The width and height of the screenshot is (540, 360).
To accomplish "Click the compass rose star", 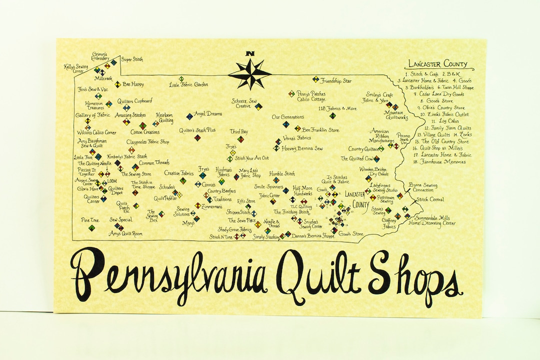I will [x=250, y=73].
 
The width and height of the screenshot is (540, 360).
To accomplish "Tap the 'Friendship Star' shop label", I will [x=336, y=80].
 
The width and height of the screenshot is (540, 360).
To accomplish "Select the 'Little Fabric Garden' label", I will [x=188, y=84].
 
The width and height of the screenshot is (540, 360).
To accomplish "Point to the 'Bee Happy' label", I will [x=133, y=84].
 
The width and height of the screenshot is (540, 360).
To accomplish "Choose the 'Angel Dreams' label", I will [x=208, y=114].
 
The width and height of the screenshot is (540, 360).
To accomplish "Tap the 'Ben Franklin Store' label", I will [x=320, y=130].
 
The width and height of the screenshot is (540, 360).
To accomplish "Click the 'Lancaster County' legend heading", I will [x=438, y=64].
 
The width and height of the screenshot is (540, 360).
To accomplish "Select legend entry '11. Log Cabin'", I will [x=437, y=121].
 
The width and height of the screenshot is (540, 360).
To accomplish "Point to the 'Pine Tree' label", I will [x=90, y=220].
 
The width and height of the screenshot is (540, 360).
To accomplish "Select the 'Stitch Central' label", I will [x=430, y=199].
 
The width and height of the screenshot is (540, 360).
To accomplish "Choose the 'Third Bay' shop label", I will [x=239, y=131].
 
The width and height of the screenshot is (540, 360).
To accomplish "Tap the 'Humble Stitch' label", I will [x=282, y=174].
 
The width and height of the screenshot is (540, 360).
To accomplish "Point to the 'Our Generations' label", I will [x=287, y=117].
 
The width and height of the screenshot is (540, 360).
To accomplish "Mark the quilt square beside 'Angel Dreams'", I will [x=189, y=116].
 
